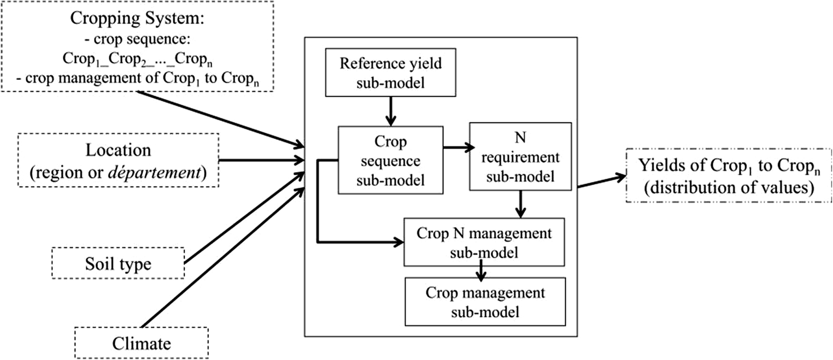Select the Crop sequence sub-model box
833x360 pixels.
390,160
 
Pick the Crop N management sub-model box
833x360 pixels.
484,242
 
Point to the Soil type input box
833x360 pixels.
119,264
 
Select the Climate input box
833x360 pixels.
141,343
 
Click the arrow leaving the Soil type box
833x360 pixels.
243,219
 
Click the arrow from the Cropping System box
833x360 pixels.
219,119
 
